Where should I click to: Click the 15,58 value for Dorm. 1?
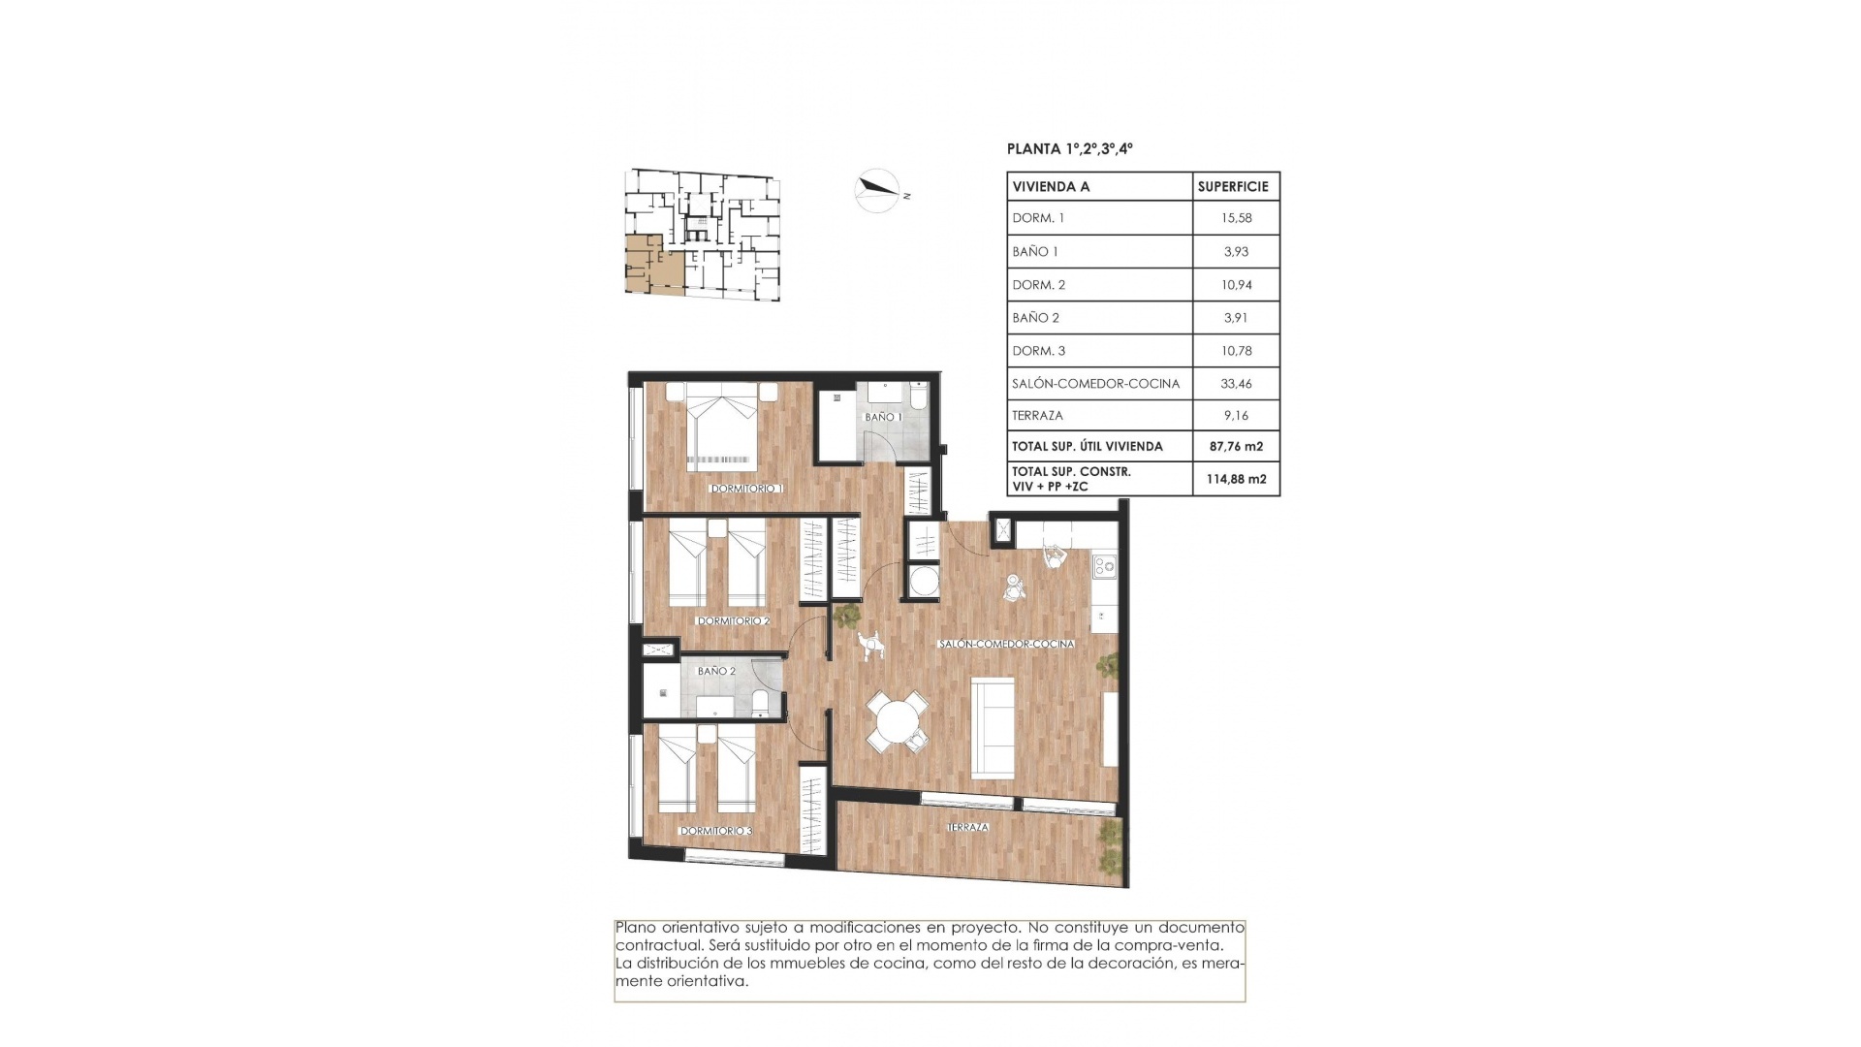pyautogui.click(x=1236, y=218)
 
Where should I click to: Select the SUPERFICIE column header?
pyautogui.click(x=1233, y=186)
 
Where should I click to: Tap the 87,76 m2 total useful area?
pyautogui.click(x=1236, y=447)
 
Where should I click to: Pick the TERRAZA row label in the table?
pyautogui.click(x=1037, y=416)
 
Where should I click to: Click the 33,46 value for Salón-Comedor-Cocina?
pyautogui.click(x=1236, y=384)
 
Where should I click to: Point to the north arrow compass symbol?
pyautogui.click(x=878, y=190)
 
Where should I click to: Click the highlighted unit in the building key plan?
pyautogui.click(x=651, y=264)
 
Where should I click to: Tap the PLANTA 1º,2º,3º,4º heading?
pyautogui.click(x=1070, y=149)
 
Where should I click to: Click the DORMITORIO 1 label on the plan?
pyautogui.click(x=746, y=489)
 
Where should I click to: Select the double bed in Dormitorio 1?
pyautogui.click(x=722, y=427)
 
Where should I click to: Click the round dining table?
pyautogui.click(x=897, y=722)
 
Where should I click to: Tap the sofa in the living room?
pyautogui.click(x=993, y=725)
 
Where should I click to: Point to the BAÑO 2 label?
pyautogui.click(x=716, y=671)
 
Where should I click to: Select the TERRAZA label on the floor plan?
pyautogui.click(x=967, y=827)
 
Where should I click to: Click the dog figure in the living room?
pyautogui.click(x=871, y=645)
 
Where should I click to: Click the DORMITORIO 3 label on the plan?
pyautogui.click(x=715, y=831)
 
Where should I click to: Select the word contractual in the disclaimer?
pyautogui.click(x=654, y=945)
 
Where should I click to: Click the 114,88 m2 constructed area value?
pyautogui.click(x=1236, y=479)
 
